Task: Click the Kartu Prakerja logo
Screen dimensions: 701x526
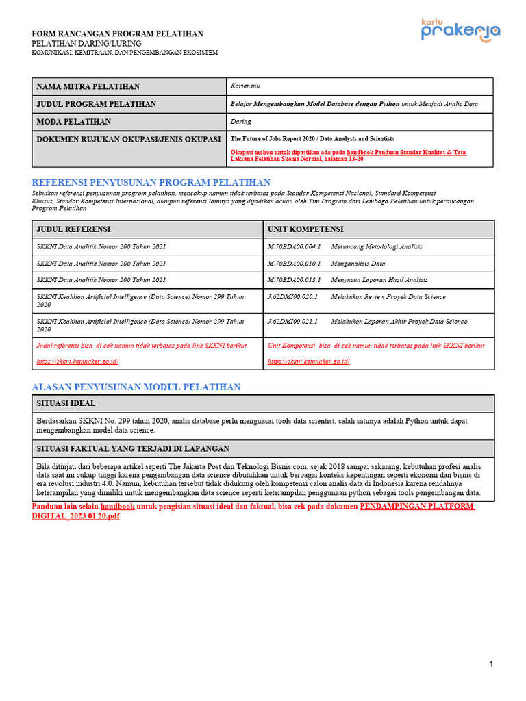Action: pyautogui.click(x=460, y=31)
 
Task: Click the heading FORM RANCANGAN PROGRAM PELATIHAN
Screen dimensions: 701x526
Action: pyautogui.click(x=118, y=34)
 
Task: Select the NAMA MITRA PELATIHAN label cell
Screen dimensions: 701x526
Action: pyautogui.click(x=88, y=86)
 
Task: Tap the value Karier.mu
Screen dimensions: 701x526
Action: pyautogui.click(x=246, y=86)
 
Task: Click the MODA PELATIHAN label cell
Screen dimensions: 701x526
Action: pyautogui.click(x=73, y=122)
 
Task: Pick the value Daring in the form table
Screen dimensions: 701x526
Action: pyautogui.click(x=240, y=122)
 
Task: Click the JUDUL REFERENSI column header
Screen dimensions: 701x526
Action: pyautogui.click(x=73, y=229)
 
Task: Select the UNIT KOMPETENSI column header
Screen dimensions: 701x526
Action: pyautogui.click(x=305, y=229)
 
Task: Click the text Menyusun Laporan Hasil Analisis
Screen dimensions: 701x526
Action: pyautogui.click(x=379, y=279)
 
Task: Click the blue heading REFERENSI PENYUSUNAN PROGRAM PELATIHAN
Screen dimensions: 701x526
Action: pyautogui.click(x=151, y=182)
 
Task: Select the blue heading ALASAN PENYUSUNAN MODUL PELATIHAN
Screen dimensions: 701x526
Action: pyautogui.click(x=136, y=387)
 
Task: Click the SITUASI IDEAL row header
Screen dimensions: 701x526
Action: pyautogui.click(x=66, y=403)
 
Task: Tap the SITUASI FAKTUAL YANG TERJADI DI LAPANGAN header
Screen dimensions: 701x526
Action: pyautogui.click(x=132, y=448)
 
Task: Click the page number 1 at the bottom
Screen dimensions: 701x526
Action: pyautogui.click(x=491, y=664)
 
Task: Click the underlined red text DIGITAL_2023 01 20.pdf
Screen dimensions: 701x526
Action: pyautogui.click(x=76, y=515)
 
